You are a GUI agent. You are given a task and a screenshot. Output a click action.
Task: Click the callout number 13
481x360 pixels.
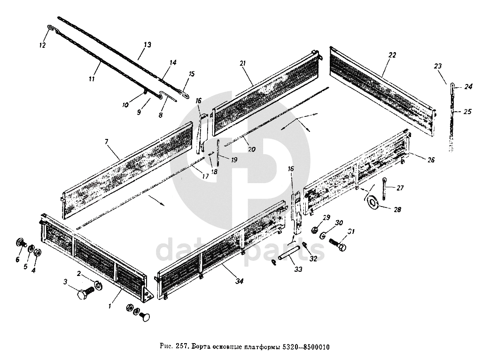(147, 45)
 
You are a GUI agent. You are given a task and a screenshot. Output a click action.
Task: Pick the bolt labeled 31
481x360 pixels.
(337, 244)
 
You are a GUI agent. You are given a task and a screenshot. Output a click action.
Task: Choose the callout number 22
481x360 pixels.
(392, 55)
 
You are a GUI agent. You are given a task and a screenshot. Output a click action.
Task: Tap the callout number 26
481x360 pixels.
(431, 160)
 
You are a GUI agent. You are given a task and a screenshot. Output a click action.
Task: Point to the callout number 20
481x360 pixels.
(251, 150)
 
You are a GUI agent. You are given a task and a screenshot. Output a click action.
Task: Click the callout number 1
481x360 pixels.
(109, 306)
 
